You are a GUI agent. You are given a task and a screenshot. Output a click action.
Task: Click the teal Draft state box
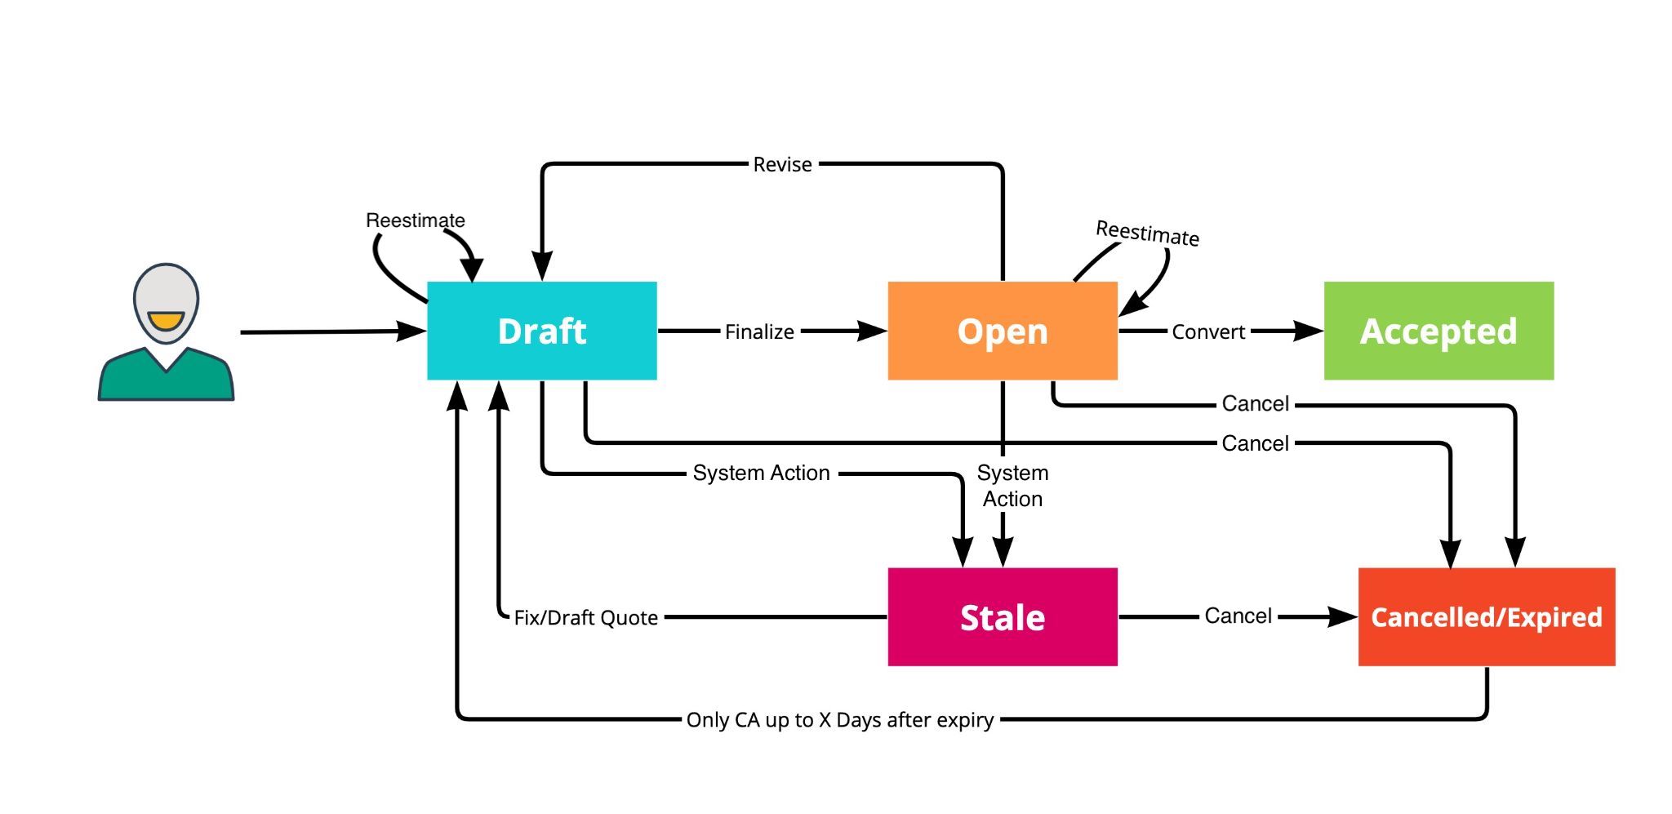(542, 331)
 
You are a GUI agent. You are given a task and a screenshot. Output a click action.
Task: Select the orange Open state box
(1003, 331)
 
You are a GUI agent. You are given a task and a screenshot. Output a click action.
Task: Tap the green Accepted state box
(1439, 331)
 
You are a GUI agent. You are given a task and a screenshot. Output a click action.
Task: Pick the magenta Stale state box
(1003, 617)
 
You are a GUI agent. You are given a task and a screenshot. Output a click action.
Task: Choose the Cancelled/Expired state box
(1487, 617)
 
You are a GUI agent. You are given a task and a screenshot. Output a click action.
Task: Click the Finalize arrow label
(759, 332)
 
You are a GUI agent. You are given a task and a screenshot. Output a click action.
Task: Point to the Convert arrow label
(1208, 332)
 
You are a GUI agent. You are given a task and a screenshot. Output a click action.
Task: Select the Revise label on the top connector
(782, 165)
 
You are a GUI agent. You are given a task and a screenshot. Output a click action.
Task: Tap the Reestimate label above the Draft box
(415, 220)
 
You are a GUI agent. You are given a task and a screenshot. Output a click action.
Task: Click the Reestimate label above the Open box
(1147, 234)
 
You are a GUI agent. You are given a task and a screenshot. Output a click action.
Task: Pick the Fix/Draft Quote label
(585, 618)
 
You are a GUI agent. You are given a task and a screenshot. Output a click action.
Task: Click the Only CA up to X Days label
(840, 720)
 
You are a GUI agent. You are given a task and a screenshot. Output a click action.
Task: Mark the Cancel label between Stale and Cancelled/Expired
(1238, 616)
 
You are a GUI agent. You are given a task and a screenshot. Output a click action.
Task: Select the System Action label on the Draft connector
(761, 474)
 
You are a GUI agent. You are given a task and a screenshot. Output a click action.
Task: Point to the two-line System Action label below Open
(1012, 486)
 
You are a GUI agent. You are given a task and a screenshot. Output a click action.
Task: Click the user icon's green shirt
(166, 379)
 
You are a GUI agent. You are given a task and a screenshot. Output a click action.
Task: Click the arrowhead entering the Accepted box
(1310, 331)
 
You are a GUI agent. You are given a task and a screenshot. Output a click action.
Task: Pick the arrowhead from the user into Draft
(412, 331)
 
